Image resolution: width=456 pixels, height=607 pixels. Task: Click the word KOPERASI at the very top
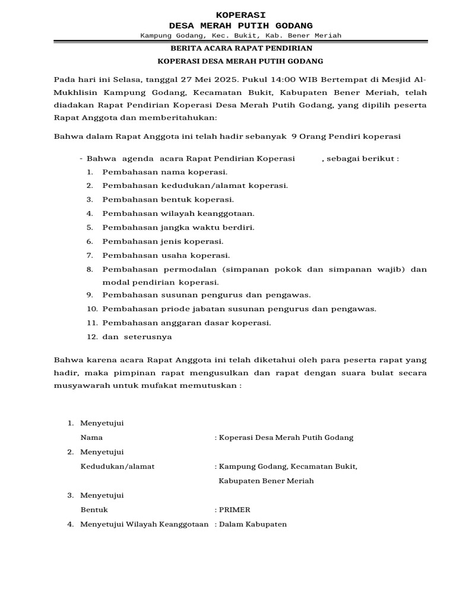240,14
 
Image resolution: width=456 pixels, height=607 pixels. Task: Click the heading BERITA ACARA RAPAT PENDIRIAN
241,48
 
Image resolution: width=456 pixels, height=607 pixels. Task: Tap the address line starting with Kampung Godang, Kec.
240,36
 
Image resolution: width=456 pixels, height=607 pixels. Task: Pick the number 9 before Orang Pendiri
294,136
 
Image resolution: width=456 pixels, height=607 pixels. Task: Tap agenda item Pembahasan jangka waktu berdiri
178,228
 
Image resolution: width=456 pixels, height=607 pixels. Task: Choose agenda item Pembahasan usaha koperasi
166,255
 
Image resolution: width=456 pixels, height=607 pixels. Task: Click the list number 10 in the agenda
91,309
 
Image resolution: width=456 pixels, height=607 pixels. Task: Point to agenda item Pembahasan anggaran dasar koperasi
186,323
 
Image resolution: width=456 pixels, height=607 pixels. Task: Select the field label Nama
91,437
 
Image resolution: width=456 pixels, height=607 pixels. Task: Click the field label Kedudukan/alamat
118,466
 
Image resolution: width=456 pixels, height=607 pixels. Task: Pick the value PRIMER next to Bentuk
235,510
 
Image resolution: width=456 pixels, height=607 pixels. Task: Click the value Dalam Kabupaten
253,524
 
